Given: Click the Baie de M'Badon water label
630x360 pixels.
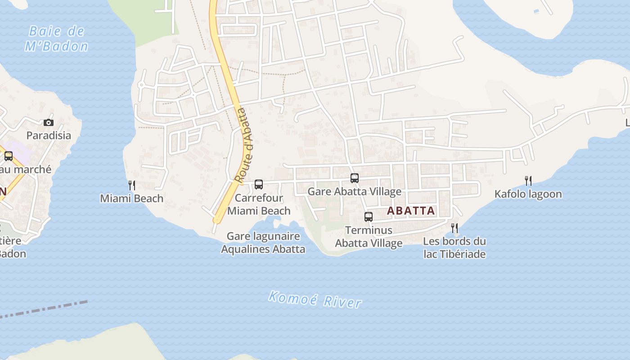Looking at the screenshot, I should pyautogui.click(x=57, y=39).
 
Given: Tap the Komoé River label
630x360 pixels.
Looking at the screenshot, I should pyautogui.click(x=315, y=299).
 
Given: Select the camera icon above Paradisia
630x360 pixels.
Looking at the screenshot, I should pyautogui.click(x=48, y=122).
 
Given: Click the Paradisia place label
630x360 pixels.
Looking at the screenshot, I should pyautogui.click(x=49, y=135).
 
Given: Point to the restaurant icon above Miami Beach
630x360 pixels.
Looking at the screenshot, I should pyautogui.click(x=132, y=185).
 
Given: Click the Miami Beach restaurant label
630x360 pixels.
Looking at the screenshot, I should pyautogui.click(x=131, y=198).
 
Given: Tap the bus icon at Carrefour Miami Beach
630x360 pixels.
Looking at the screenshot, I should pyautogui.click(x=259, y=184).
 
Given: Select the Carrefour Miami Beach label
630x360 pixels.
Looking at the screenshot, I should pyautogui.click(x=259, y=204).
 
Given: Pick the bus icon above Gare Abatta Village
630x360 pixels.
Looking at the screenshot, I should pyautogui.click(x=355, y=178).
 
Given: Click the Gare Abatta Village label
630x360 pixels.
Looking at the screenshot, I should pyautogui.click(x=354, y=192).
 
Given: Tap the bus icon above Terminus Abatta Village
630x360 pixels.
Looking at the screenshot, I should pyautogui.click(x=369, y=217).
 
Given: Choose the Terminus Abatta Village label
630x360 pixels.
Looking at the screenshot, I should pyautogui.click(x=369, y=237).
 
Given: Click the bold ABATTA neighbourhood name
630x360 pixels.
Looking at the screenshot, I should pyautogui.click(x=411, y=211).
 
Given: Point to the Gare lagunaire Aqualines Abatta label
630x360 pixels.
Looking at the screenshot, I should pyautogui.click(x=263, y=243).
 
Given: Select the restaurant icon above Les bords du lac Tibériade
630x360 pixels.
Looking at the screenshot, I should pyautogui.click(x=454, y=228).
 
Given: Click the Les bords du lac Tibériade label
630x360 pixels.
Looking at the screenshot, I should pyautogui.click(x=454, y=247).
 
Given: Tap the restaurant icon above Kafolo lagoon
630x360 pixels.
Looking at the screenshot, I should pyautogui.click(x=528, y=181).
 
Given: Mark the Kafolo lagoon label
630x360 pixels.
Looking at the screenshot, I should pyautogui.click(x=528, y=194).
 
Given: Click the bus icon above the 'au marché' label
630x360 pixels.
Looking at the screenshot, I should pyautogui.click(x=9, y=156).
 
